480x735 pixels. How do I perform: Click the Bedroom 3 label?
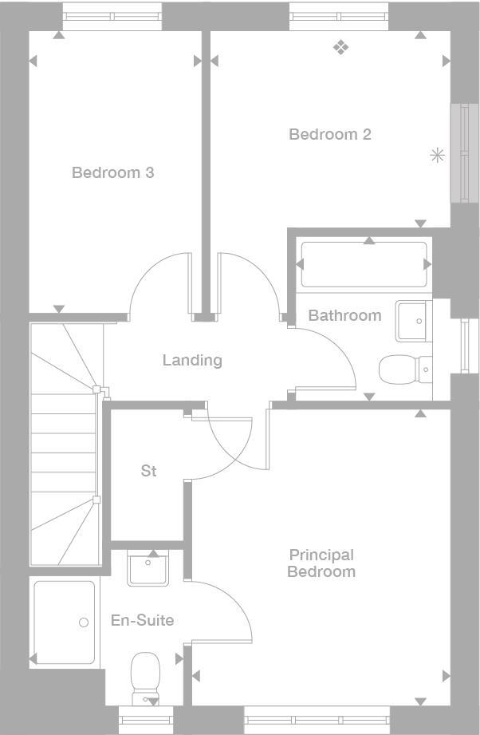[112, 172]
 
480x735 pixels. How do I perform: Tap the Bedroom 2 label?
[329, 134]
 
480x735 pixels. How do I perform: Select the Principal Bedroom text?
[321, 563]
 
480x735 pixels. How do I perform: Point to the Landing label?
[192, 360]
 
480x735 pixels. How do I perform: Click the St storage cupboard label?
[148, 471]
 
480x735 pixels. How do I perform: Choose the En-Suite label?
[143, 620]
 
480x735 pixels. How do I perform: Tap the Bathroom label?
[344, 315]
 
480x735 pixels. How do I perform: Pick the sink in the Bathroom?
[413, 321]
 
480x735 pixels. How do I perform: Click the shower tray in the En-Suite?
[64, 622]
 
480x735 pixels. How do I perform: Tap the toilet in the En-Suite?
[145, 675]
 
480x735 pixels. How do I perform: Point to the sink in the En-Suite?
[148, 569]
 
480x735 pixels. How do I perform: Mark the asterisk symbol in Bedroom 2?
[437, 156]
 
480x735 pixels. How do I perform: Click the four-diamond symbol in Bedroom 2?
[341, 49]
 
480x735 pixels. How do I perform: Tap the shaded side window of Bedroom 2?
[460, 152]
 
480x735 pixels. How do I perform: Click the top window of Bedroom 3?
[112, 16]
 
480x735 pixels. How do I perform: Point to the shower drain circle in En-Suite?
[84, 622]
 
